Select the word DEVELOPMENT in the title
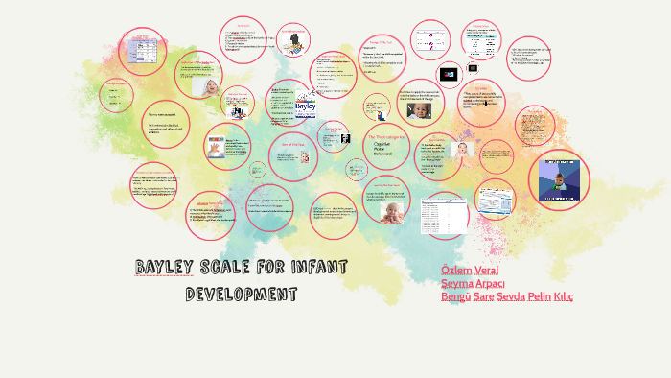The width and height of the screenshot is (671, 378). [242, 293]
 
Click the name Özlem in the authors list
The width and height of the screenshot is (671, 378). [456, 270]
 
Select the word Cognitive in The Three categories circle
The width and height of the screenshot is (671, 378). [383, 145]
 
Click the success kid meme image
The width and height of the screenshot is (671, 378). [559, 178]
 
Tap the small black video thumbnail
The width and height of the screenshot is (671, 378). [448, 74]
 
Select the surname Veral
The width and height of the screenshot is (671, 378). [487, 270]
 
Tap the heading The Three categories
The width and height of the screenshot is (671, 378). [386, 136]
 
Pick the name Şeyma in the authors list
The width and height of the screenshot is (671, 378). [456, 283]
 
